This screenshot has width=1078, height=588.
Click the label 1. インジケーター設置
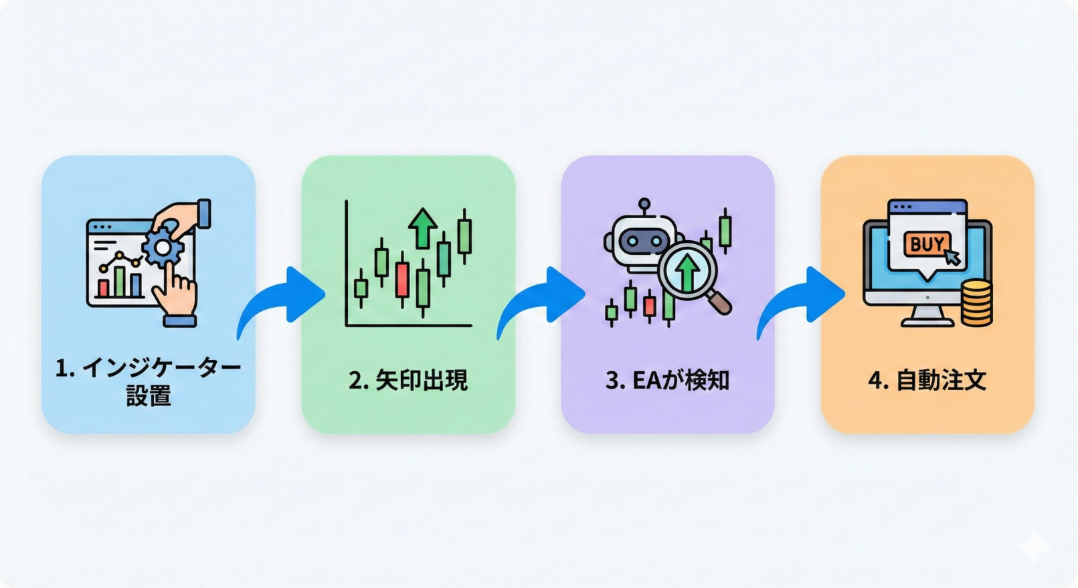(148, 381)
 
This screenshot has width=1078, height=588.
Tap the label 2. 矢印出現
(408, 380)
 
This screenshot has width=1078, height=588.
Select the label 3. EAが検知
(667, 380)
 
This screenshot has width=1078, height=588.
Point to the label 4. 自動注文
(927, 380)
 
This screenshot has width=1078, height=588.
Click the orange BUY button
(927, 245)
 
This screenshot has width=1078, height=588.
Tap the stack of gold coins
(976, 303)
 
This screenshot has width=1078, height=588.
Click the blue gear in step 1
(163, 248)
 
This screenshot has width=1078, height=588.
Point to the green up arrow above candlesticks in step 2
(423, 227)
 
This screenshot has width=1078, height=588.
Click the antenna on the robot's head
(644, 205)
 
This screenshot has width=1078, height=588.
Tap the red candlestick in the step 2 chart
(402, 280)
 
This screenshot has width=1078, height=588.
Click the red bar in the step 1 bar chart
(104, 288)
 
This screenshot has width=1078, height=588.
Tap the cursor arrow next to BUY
(952, 256)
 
